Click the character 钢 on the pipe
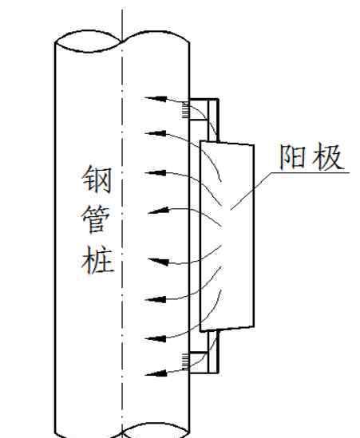97,180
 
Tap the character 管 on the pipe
96,219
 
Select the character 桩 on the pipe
97,259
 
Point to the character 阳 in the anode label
293,157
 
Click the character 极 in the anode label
327,157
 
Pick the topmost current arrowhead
156,99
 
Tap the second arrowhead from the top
156,133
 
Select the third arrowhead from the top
156,172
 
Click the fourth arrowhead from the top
159,211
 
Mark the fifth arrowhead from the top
159,262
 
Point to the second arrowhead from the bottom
156,338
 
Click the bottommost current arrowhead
156,373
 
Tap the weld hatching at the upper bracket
186,110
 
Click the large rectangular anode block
227,236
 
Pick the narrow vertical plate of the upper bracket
213,120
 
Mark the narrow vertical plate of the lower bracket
213,351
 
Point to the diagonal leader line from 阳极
251,191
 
